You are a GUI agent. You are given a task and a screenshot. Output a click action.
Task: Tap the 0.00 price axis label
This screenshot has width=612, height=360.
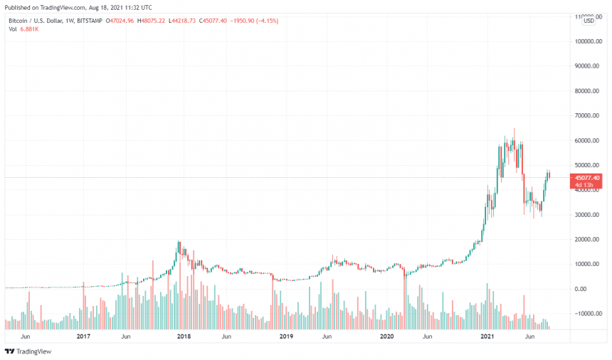592,289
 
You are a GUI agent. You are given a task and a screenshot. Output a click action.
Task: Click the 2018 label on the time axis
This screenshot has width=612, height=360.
184,336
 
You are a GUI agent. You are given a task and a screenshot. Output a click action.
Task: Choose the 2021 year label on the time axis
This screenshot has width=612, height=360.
487,336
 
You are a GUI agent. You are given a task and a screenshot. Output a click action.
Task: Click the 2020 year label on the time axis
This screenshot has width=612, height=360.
386,336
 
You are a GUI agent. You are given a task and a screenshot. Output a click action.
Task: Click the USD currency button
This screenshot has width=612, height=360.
589,21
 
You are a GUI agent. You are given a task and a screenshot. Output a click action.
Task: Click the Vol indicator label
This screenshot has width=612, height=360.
12,29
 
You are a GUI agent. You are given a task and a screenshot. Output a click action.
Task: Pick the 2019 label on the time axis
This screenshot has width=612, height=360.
285,336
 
